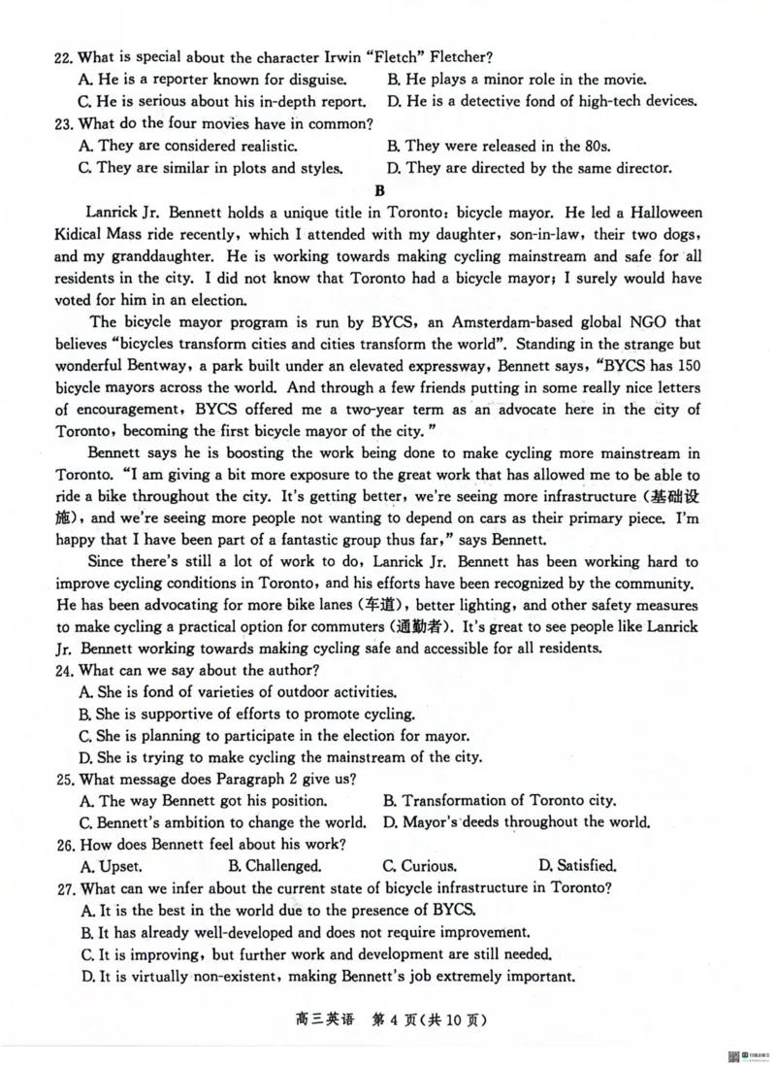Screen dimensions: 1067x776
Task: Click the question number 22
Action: pos(64,57)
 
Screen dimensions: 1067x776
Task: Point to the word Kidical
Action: pos(84,235)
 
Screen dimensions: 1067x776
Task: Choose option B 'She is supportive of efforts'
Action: pos(248,714)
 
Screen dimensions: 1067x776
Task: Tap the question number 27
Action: pos(64,888)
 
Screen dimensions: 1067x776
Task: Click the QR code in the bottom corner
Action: pos(727,1054)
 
